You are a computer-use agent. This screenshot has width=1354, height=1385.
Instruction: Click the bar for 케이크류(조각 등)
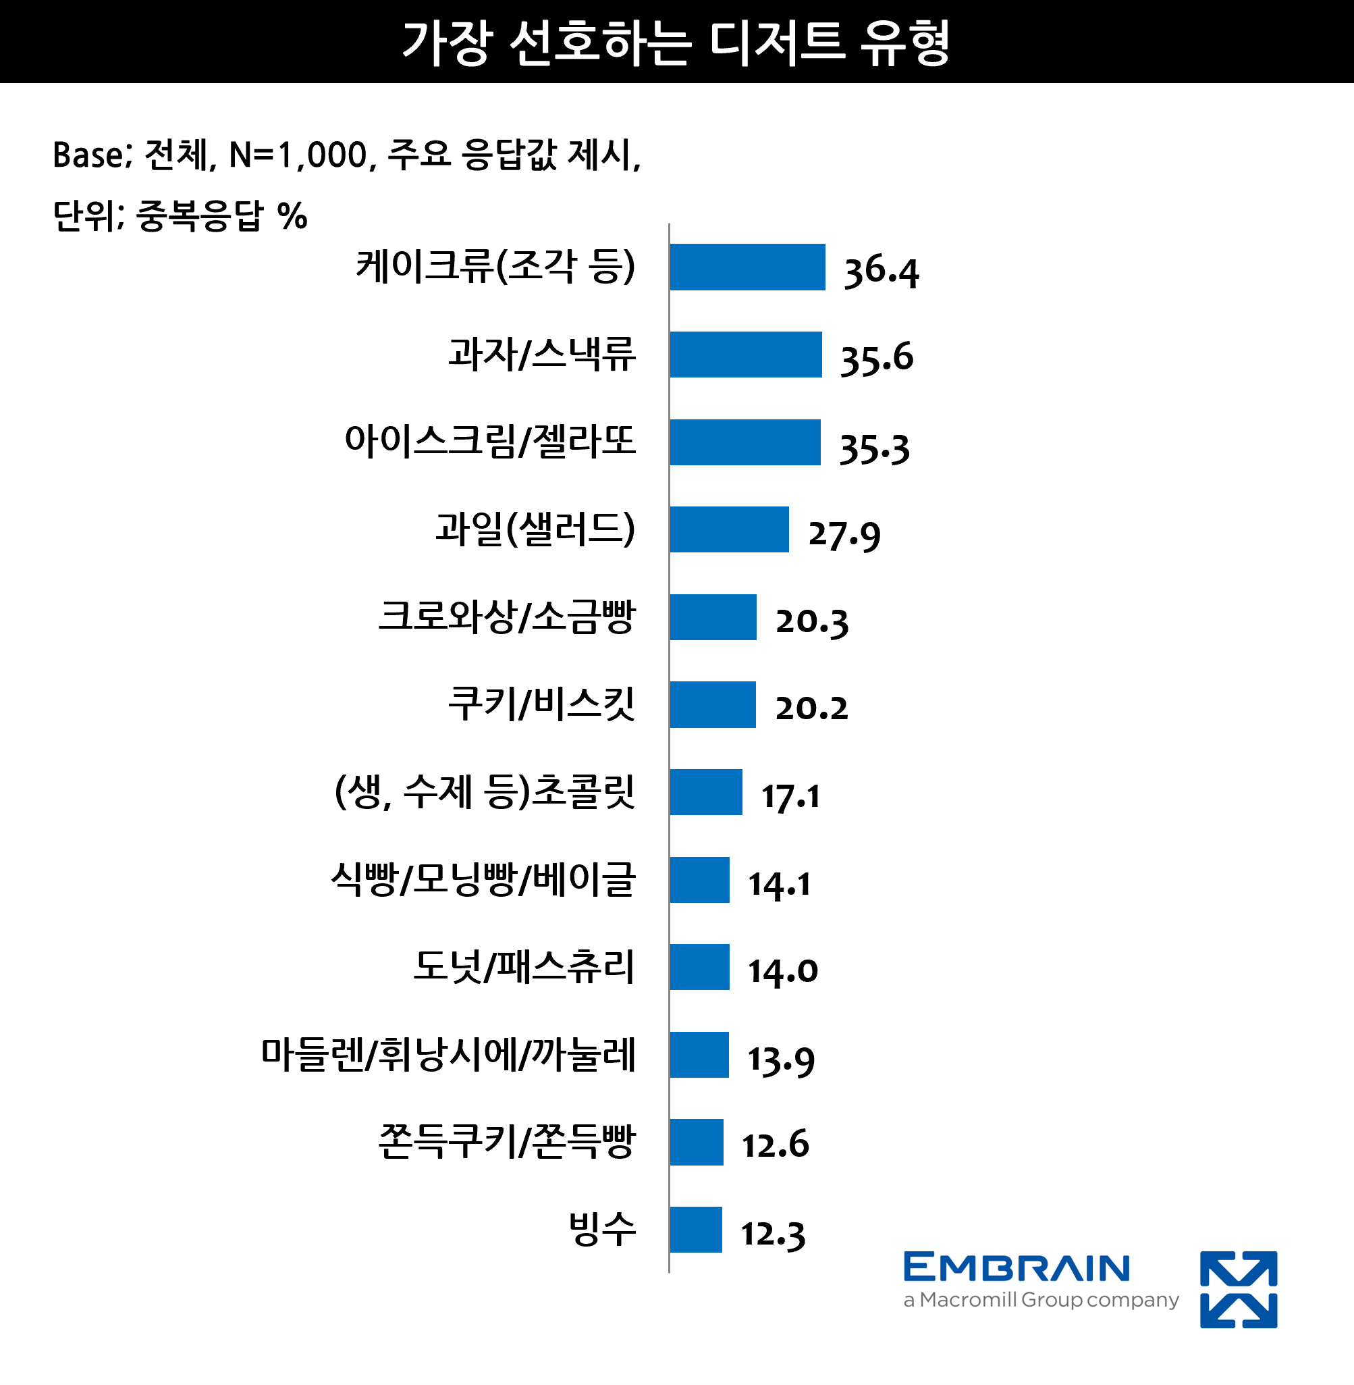747,267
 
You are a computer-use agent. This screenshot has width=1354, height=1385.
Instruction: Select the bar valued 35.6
745,355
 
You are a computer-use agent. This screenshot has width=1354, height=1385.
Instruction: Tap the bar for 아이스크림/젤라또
744,442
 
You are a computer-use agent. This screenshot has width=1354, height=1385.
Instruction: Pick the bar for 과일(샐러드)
729,529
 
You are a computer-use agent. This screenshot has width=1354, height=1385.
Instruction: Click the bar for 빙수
695,1229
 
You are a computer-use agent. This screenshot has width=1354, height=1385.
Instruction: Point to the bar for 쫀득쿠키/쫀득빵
696,1142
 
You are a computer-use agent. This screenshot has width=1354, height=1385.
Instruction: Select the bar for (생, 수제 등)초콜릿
705,791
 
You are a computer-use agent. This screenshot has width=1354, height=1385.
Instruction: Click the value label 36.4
881,271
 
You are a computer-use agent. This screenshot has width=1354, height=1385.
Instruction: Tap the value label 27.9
844,534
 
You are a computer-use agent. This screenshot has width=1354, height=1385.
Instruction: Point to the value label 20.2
811,708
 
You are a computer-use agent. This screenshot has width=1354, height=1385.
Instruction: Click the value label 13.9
781,1060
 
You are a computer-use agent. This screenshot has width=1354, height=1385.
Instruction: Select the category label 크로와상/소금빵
506,617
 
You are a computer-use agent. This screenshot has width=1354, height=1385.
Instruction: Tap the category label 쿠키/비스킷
541,704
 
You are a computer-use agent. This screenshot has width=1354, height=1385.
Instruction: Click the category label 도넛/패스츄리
523,967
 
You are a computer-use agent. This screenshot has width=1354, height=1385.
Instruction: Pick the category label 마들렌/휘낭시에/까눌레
448,1054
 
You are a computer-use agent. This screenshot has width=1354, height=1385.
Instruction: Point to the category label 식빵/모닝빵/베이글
483,879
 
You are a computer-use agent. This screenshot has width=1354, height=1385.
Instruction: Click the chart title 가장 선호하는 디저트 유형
676,42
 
